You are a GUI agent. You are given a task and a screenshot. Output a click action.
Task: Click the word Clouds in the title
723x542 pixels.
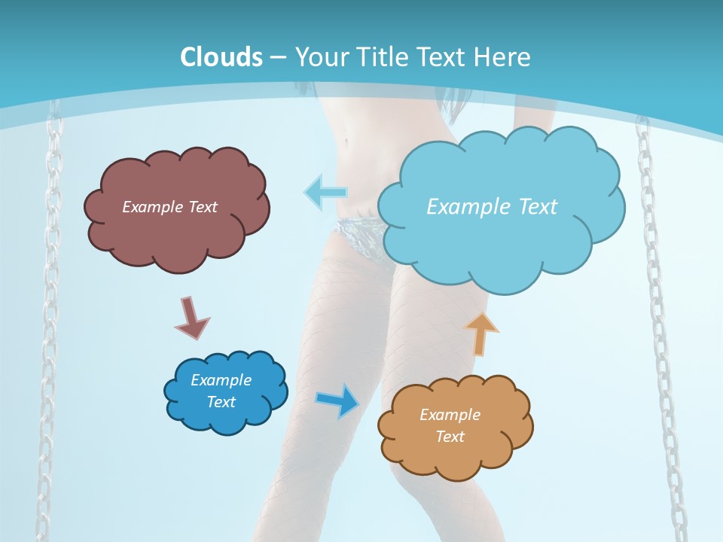click(x=221, y=57)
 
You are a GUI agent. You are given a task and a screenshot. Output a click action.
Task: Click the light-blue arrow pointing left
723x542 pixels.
click(x=325, y=193)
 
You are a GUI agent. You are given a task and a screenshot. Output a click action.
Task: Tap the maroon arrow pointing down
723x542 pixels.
click(x=191, y=318)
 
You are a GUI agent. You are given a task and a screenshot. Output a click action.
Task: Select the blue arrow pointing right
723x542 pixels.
click(x=338, y=400)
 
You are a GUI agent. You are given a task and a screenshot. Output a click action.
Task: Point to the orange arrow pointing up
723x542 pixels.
click(x=481, y=333)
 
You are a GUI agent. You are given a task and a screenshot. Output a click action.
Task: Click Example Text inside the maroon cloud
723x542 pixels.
click(x=169, y=207)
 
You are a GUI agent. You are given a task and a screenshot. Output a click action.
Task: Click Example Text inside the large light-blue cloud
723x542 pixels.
click(x=492, y=207)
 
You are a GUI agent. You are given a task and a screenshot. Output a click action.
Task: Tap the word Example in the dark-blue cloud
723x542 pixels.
click(x=221, y=380)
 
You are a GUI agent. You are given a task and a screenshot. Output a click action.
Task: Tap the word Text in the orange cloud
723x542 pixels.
click(x=450, y=437)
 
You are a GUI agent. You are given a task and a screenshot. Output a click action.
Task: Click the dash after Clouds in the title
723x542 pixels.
click(x=278, y=57)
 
